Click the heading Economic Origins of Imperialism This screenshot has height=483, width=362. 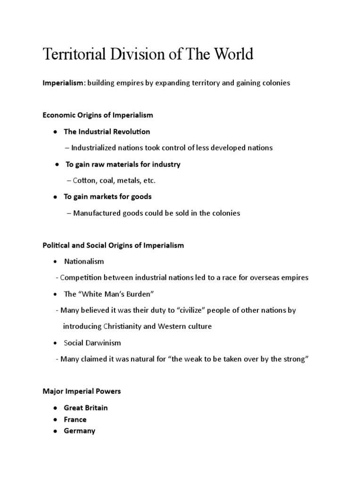coord(98,115)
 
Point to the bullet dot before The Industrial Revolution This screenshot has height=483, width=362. coord(56,132)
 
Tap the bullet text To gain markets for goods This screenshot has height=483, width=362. coord(108,196)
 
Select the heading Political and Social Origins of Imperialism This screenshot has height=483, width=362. coord(113,245)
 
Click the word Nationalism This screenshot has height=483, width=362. coord(84,261)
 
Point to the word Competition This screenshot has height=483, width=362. coord(82,277)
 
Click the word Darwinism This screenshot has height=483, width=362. coord(104,342)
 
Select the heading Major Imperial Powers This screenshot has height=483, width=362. coord(82,391)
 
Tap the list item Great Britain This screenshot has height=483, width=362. coord(86,408)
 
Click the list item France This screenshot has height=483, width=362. coord(75,419)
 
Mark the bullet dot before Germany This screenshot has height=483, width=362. coord(56,431)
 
